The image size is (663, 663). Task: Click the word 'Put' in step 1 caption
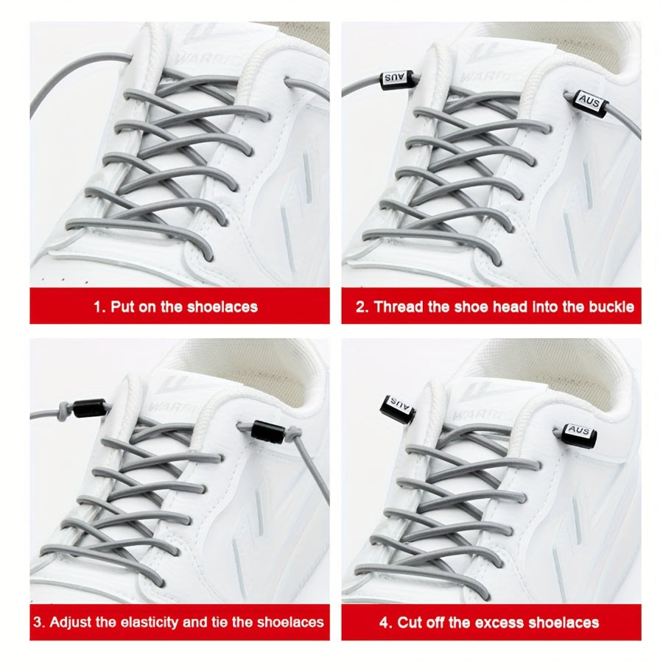pos(122,306)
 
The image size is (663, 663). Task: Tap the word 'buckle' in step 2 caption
pos(610,306)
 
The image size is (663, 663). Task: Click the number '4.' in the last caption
pos(385,622)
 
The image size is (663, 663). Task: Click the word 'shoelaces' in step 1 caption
pos(222,306)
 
